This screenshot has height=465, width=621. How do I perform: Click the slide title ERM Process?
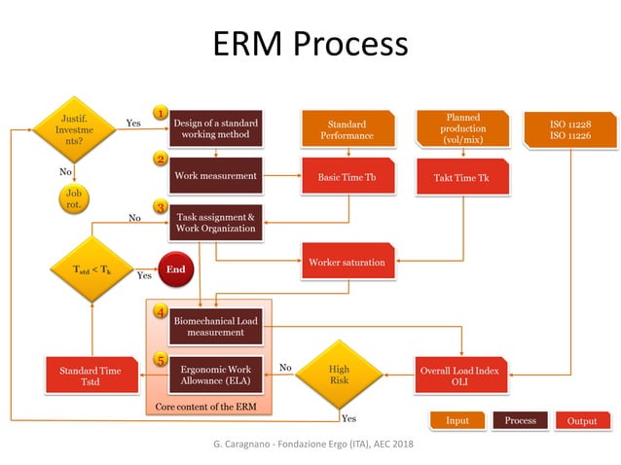pyautogui.click(x=310, y=44)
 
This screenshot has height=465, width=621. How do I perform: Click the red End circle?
pyautogui.click(x=176, y=269)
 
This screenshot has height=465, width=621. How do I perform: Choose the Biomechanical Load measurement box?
pyautogui.click(x=215, y=325)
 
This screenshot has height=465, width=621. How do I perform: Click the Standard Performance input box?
pyautogui.click(x=347, y=129)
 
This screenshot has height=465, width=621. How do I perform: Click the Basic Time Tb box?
pyautogui.click(x=347, y=177)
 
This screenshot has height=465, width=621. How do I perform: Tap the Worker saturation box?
pyautogui.click(x=347, y=263)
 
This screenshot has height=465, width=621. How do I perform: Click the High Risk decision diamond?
pyautogui.click(x=339, y=375)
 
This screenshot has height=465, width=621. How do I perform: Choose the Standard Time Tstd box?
pyautogui.click(x=90, y=376)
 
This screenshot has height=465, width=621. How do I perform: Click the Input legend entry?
pyautogui.click(x=457, y=420)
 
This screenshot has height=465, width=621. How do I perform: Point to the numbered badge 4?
pyautogui.click(x=160, y=312)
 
